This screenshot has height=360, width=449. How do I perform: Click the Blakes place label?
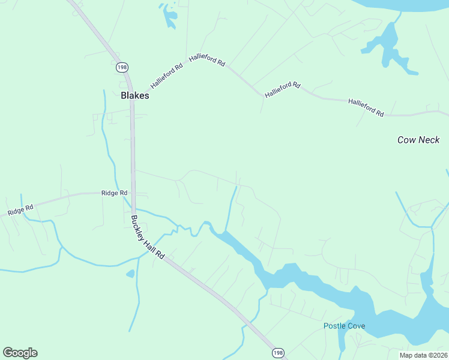tap(134, 95)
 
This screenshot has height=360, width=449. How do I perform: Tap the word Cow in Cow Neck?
tap(406, 140)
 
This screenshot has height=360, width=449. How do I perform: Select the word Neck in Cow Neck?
tap(429, 140)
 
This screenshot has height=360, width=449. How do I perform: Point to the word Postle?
tap(336, 326)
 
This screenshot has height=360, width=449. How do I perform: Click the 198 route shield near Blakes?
tap(122, 67)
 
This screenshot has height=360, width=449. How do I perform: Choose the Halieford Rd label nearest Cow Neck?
tap(366, 107)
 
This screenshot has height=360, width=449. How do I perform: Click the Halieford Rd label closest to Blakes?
tap(166, 76)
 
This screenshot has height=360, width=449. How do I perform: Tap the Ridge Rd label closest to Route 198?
tap(115, 193)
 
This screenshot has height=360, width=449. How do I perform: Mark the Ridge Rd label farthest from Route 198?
tap(20, 209)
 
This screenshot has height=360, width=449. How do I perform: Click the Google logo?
tap(20, 353)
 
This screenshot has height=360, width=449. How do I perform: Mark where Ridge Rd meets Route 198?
tap(133, 194)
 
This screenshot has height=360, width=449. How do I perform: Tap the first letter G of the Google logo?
tap(7, 352)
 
